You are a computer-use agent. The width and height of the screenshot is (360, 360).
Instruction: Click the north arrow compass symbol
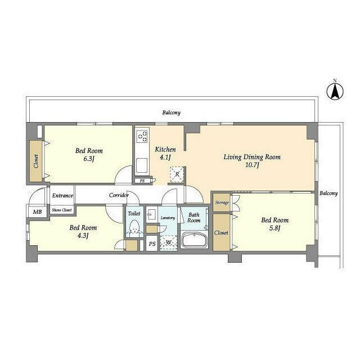(335, 91)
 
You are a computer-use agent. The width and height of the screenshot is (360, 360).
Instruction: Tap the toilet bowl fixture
(134, 228)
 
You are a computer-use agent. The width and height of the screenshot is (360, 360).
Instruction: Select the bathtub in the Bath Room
(194, 240)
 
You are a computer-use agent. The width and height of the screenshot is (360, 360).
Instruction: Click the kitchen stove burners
(142, 136)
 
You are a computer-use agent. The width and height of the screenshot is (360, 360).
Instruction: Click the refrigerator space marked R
(177, 174)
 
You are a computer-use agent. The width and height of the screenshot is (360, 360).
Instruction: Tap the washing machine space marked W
(169, 242)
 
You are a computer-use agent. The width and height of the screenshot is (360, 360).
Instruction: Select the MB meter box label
(38, 211)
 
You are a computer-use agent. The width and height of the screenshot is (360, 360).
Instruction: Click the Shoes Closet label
(62, 210)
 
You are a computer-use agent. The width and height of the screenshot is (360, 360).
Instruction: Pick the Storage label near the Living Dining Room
(222, 202)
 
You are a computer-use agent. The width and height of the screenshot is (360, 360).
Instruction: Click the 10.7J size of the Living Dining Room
(253, 165)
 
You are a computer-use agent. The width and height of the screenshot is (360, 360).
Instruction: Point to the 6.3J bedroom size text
(89, 159)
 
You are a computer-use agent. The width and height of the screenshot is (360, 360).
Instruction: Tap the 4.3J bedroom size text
(83, 236)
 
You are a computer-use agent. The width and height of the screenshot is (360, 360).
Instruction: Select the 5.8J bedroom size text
(274, 228)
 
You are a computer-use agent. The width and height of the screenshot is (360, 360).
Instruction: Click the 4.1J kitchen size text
(165, 157)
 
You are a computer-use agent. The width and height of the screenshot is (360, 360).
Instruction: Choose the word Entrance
(62, 196)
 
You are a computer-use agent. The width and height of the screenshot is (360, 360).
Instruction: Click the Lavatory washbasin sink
(151, 215)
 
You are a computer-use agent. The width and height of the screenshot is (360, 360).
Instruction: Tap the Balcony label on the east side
(328, 193)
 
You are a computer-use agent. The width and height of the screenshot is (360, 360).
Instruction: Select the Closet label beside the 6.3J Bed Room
(36, 161)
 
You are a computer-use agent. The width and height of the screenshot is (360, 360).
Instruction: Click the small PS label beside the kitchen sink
(142, 181)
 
